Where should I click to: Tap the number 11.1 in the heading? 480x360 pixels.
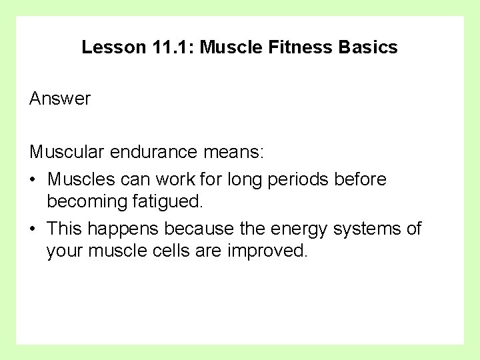[x=169, y=48]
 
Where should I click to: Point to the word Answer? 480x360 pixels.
[x=60, y=99]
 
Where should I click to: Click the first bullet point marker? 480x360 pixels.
[x=33, y=179]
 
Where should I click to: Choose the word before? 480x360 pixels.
[x=360, y=179]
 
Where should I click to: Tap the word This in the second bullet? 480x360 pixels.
[x=64, y=229]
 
